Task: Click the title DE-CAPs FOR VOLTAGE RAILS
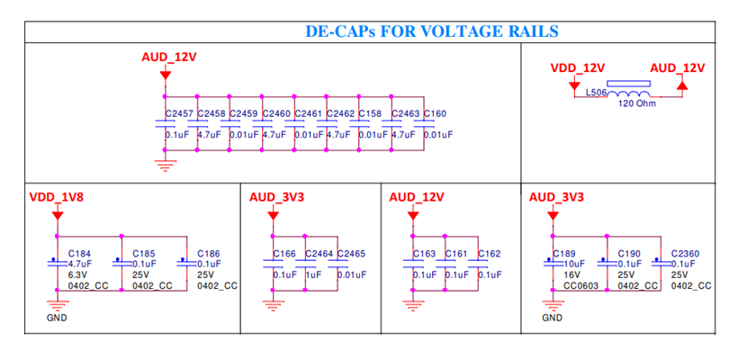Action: click(432, 31)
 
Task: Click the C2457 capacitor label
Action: click(179, 113)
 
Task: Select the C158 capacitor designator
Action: click(370, 113)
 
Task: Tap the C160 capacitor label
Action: click(435, 113)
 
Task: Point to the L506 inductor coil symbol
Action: click(628, 94)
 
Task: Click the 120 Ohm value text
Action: click(637, 104)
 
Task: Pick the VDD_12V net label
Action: click(577, 68)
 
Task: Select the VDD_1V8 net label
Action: click(57, 198)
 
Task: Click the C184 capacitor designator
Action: click(79, 254)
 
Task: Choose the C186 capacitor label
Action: click(209, 254)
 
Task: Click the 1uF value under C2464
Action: click(313, 274)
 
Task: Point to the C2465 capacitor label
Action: click(351, 254)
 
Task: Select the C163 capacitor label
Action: click(424, 254)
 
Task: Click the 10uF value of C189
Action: click(575, 264)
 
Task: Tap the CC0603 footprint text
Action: click(581, 286)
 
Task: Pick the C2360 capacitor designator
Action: click(685, 254)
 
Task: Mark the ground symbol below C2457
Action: click(166, 166)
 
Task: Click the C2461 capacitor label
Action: click(308, 113)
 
